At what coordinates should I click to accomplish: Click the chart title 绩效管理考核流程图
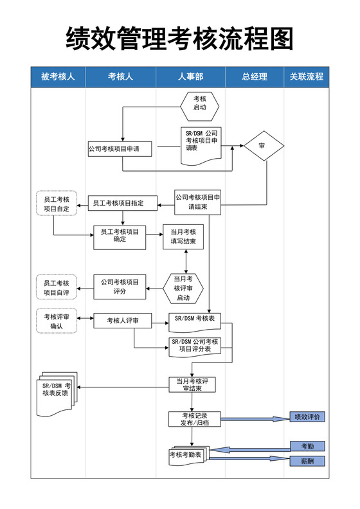click(179, 39)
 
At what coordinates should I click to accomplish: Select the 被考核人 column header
click(58, 77)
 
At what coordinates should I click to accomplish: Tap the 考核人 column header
click(120, 77)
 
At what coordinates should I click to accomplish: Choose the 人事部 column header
click(190, 77)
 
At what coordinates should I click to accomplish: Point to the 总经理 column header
click(255, 77)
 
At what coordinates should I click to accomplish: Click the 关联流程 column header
click(306, 77)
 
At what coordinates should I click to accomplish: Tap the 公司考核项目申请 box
click(120, 149)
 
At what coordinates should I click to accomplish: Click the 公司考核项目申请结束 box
click(197, 202)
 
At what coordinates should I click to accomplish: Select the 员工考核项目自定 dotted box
click(57, 204)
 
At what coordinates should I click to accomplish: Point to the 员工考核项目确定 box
click(120, 236)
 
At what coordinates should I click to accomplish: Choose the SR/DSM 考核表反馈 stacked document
click(56, 389)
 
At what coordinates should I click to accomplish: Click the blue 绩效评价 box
click(307, 417)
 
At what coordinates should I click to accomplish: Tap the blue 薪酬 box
click(307, 461)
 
